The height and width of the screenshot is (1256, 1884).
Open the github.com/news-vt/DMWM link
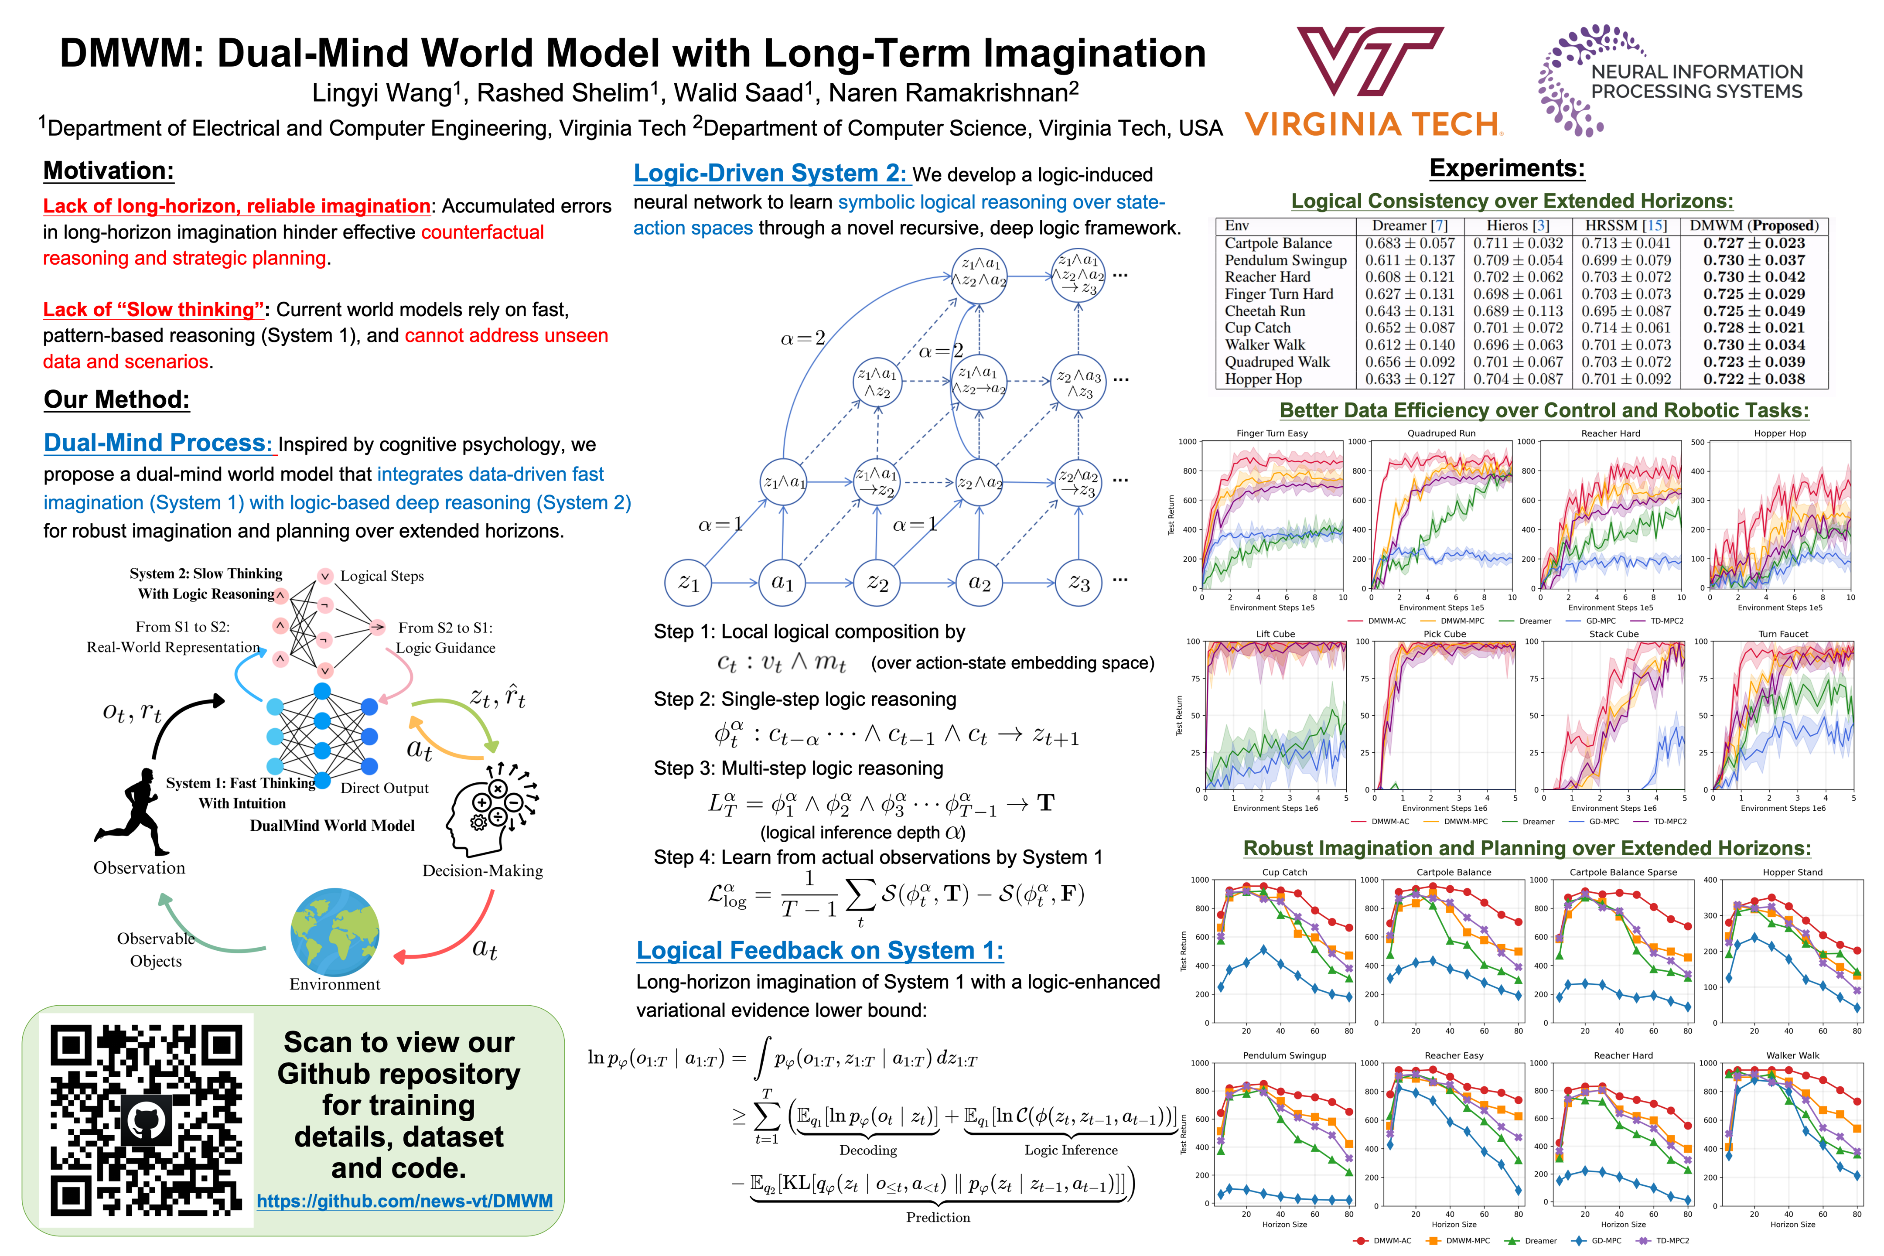[405, 1201]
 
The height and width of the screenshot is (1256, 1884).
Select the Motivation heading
[108, 171]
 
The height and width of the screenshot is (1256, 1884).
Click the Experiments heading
[1507, 168]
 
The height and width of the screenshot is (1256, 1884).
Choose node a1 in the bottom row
[782, 583]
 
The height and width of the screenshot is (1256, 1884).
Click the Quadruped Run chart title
[1441, 433]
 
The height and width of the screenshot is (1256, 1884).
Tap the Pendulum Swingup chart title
[1284, 1055]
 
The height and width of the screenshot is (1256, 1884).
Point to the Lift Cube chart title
[1275, 634]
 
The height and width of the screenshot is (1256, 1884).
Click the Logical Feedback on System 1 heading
[819, 951]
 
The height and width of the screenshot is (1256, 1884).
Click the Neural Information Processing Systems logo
[1670, 80]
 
